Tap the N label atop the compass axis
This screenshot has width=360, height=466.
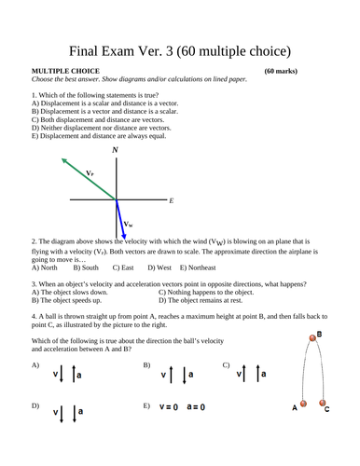pyautogui.click(x=115, y=150)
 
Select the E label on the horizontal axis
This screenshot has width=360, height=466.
pyautogui.click(x=172, y=200)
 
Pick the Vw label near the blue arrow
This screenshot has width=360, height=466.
pyautogui.click(x=130, y=226)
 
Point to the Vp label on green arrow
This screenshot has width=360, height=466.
pyautogui.click(x=90, y=173)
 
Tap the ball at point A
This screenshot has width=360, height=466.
pyautogui.click(x=303, y=405)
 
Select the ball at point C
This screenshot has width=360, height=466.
pyautogui.click(x=324, y=404)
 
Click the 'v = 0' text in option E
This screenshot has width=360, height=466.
pyautogui.click(x=170, y=407)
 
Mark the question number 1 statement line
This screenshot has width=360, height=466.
pyautogui.click(x=93, y=95)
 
